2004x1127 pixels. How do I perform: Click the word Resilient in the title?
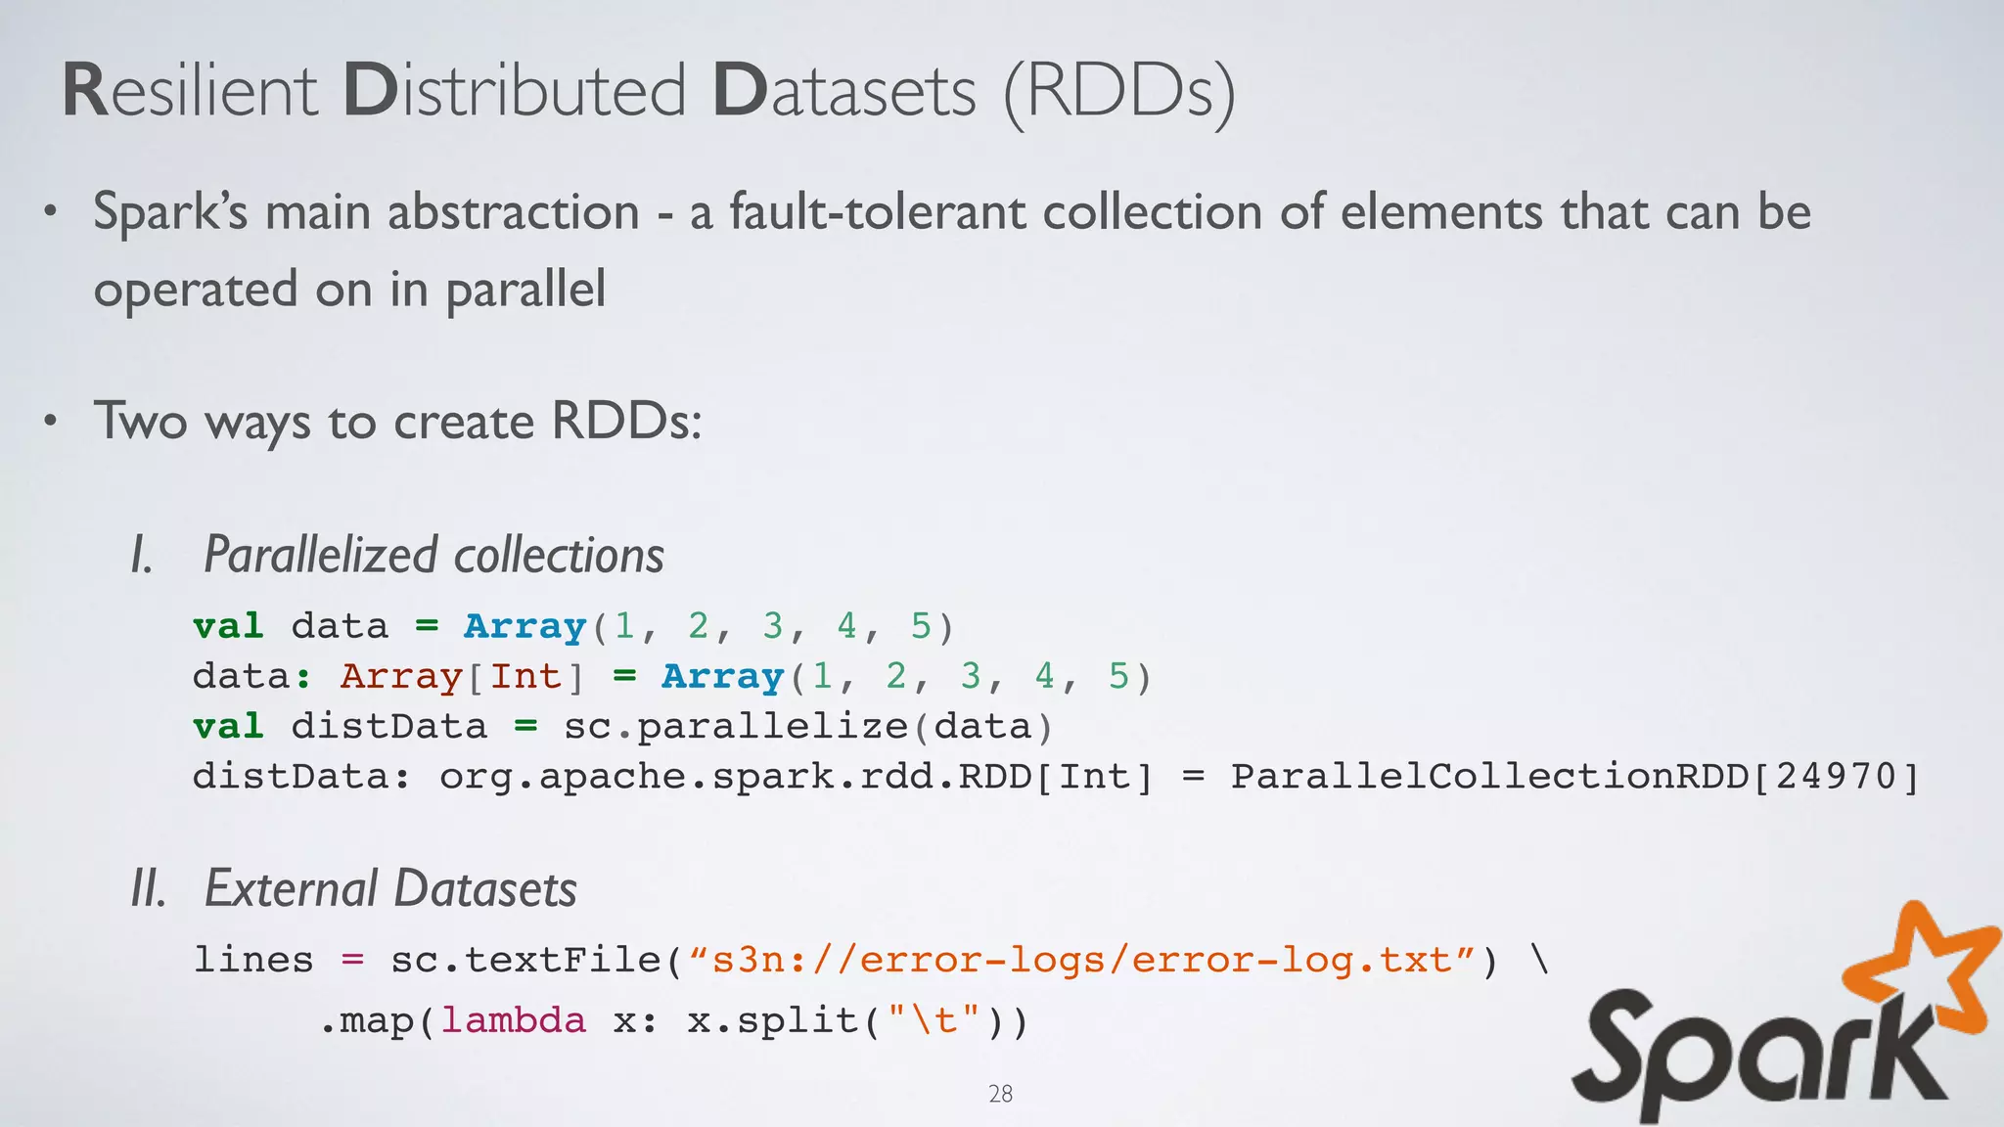point(191,91)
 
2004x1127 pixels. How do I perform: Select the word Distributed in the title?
point(515,91)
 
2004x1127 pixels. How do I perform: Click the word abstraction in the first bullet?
point(514,212)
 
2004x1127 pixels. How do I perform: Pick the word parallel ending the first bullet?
point(525,291)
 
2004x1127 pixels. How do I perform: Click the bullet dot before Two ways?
point(52,422)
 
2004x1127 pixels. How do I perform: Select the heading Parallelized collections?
point(433,555)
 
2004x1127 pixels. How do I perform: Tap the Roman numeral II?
point(149,889)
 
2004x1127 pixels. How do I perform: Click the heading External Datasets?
point(390,889)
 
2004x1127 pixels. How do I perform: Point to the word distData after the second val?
point(388,727)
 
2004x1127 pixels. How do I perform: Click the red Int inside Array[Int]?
point(525,677)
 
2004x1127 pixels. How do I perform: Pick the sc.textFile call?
point(525,960)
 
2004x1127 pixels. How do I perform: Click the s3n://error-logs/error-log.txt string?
point(1080,960)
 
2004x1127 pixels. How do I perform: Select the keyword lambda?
point(513,1021)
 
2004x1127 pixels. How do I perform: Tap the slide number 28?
point(1000,1094)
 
